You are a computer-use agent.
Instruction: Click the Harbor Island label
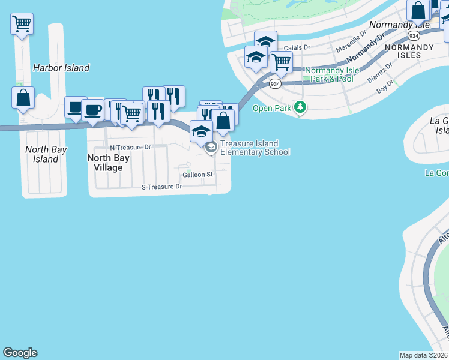tap(61, 68)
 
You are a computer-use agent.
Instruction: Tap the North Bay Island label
tap(46, 154)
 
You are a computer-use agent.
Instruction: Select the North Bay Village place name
tap(105, 163)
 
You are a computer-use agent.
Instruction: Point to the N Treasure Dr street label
tap(130, 147)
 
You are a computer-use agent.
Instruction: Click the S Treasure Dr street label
tap(161, 187)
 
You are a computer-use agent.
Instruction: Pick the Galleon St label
tap(198, 175)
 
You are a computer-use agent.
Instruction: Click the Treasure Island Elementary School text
tap(255, 148)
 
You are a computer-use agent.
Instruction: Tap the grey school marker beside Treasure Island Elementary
tap(211, 147)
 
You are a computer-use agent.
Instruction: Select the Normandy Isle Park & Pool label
tap(332, 74)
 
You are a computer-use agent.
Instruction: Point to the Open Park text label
tap(271, 109)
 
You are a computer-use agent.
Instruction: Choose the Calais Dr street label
tap(297, 47)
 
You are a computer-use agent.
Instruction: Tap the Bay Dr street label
tap(385, 87)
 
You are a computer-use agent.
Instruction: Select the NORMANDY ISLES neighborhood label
tap(409, 51)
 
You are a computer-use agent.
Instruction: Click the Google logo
tap(20, 353)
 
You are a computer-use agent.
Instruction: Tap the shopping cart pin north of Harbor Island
tap(22, 24)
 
